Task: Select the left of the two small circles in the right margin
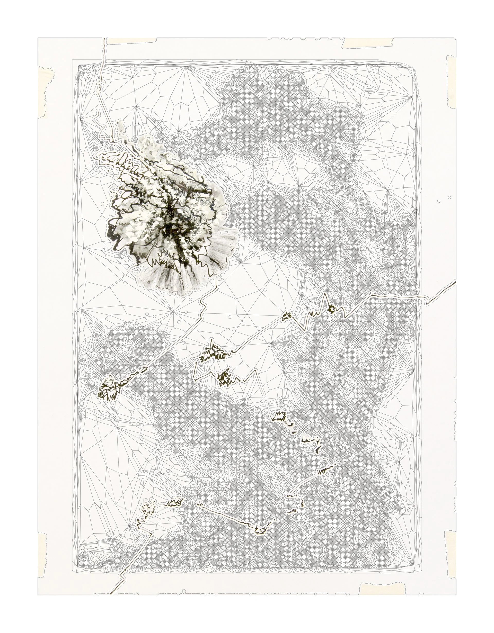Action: click(x=439, y=201)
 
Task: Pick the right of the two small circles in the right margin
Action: click(x=449, y=197)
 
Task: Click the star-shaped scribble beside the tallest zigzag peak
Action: click(x=331, y=310)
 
